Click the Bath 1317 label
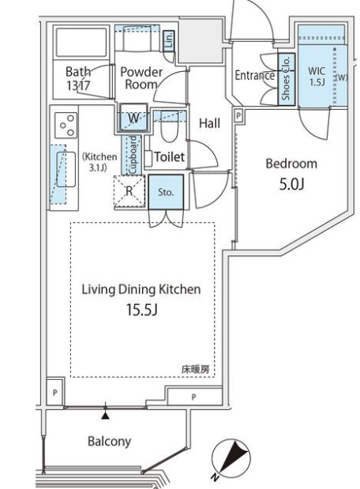click(x=78, y=77)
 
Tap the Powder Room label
click(x=141, y=77)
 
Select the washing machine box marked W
click(x=134, y=118)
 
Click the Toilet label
click(x=169, y=157)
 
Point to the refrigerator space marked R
click(x=129, y=190)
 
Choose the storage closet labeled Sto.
click(x=165, y=191)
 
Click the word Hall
click(x=209, y=123)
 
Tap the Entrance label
click(x=254, y=76)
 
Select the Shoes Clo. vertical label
click(x=286, y=80)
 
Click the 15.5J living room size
click(x=142, y=310)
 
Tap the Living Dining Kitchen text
click(x=141, y=289)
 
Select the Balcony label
click(x=109, y=441)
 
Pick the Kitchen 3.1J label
click(x=99, y=161)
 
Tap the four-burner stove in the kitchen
click(x=66, y=126)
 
